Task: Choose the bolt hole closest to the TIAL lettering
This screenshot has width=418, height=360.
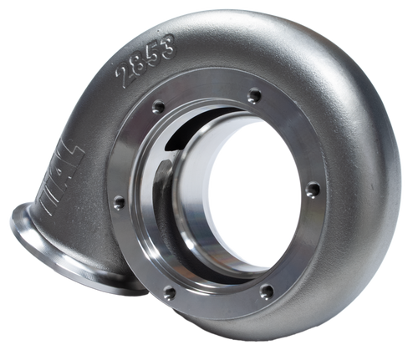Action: pyautogui.click(x=118, y=200)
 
